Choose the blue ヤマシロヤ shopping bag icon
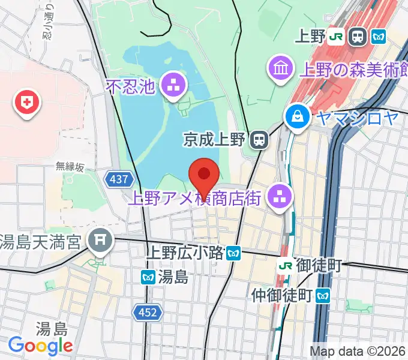[297, 115]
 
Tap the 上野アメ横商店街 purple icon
[279, 195]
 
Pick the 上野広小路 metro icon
[234, 254]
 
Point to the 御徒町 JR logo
[286, 265]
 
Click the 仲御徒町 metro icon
[323, 295]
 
